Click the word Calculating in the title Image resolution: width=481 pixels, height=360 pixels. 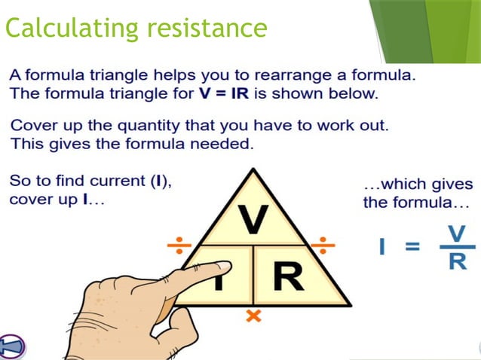tap(63, 28)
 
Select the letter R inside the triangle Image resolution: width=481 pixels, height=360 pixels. tap(288, 276)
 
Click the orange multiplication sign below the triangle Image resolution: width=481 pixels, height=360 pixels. tap(254, 317)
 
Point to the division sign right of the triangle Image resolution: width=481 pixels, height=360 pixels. tap(324, 246)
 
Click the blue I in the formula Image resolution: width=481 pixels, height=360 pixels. tap(382, 246)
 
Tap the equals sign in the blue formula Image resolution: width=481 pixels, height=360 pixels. tap(413, 247)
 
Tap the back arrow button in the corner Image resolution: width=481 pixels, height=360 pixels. tap(11, 346)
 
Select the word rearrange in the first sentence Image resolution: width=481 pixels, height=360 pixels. tap(320, 76)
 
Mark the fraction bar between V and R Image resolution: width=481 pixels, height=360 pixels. tap(457, 247)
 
